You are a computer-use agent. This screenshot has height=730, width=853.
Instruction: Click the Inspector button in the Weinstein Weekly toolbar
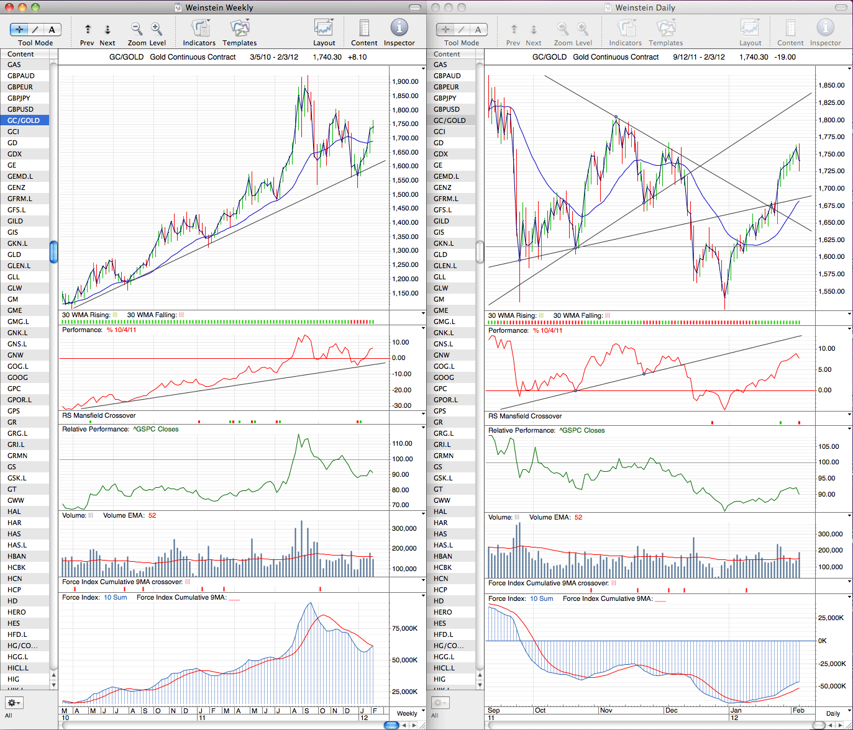click(399, 28)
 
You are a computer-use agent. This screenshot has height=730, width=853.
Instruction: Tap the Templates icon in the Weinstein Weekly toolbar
click(240, 28)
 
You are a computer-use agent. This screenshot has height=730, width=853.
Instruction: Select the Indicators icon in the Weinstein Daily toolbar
click(625, 28)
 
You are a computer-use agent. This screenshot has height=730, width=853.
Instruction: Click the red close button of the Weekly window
click(9, 7)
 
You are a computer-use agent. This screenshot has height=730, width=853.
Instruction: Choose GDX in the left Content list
click(14, 154)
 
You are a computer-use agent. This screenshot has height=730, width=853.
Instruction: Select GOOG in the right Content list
click(444, 377)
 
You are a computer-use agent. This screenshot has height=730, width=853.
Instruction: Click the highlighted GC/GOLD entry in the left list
click(24, 120)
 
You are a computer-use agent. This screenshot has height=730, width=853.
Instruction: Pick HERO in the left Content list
click(17, 612)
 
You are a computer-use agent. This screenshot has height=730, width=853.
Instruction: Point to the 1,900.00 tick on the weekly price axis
click(405, 82)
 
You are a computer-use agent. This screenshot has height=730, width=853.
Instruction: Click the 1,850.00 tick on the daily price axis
click(831, 86)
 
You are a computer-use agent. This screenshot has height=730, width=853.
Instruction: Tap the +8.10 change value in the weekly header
click(357, 57)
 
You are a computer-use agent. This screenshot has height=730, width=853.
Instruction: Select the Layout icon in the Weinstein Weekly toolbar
click(324, 28)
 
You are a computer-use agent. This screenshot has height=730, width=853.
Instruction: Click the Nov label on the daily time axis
click(606, 710)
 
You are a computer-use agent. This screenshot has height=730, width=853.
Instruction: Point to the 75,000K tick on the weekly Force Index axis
click(404, 628)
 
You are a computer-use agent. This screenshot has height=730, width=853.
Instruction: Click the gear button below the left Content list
click(14, 703)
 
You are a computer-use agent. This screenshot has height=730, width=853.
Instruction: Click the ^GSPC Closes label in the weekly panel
click(155, 429)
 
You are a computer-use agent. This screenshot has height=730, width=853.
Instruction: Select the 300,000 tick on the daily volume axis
click(830, 534)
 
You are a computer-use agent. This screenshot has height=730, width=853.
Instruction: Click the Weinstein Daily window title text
click(645, 7)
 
